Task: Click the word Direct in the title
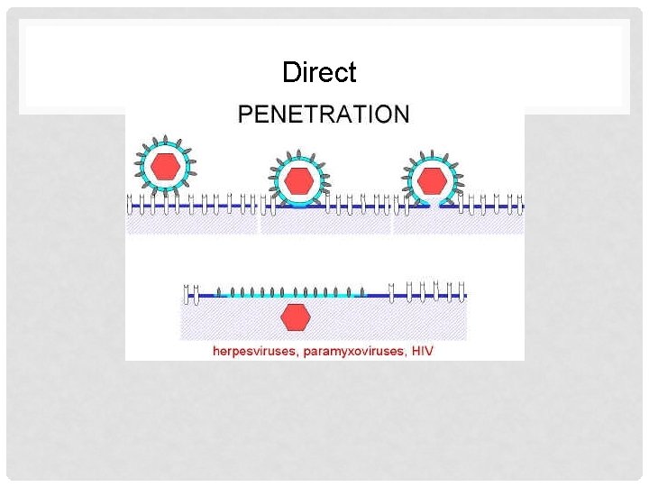click(319, 72)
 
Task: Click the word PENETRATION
click(323, 114)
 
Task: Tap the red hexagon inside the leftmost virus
click(164, 166)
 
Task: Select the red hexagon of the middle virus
click(298, 181)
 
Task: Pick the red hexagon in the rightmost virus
click(433, 179)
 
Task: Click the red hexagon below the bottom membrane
click(295, 317)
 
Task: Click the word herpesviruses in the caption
click(251, 350)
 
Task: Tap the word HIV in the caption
click(422, 350)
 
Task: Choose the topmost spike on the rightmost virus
click(433, 152)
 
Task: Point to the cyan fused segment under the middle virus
click(298, 205)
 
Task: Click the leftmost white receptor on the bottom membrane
click(187, 292)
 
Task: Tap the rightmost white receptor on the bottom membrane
click(462, 290)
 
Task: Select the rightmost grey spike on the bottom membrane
click(362, 291)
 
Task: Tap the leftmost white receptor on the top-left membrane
click(131, 202)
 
